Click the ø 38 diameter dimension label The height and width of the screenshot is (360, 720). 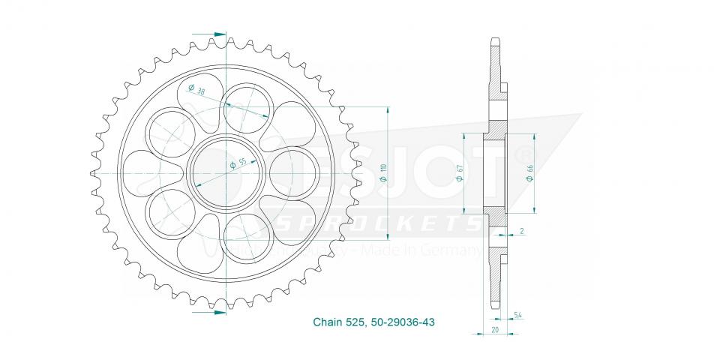coord(198,91)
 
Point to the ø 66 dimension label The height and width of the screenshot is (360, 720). coord(530,173)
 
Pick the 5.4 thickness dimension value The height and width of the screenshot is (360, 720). coord(519,314)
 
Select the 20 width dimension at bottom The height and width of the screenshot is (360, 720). coord(495,328)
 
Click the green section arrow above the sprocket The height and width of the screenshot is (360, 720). coord(217,34)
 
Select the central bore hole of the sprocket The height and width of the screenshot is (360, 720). coord(224,172)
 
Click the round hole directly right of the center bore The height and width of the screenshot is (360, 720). coord(289,172)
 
